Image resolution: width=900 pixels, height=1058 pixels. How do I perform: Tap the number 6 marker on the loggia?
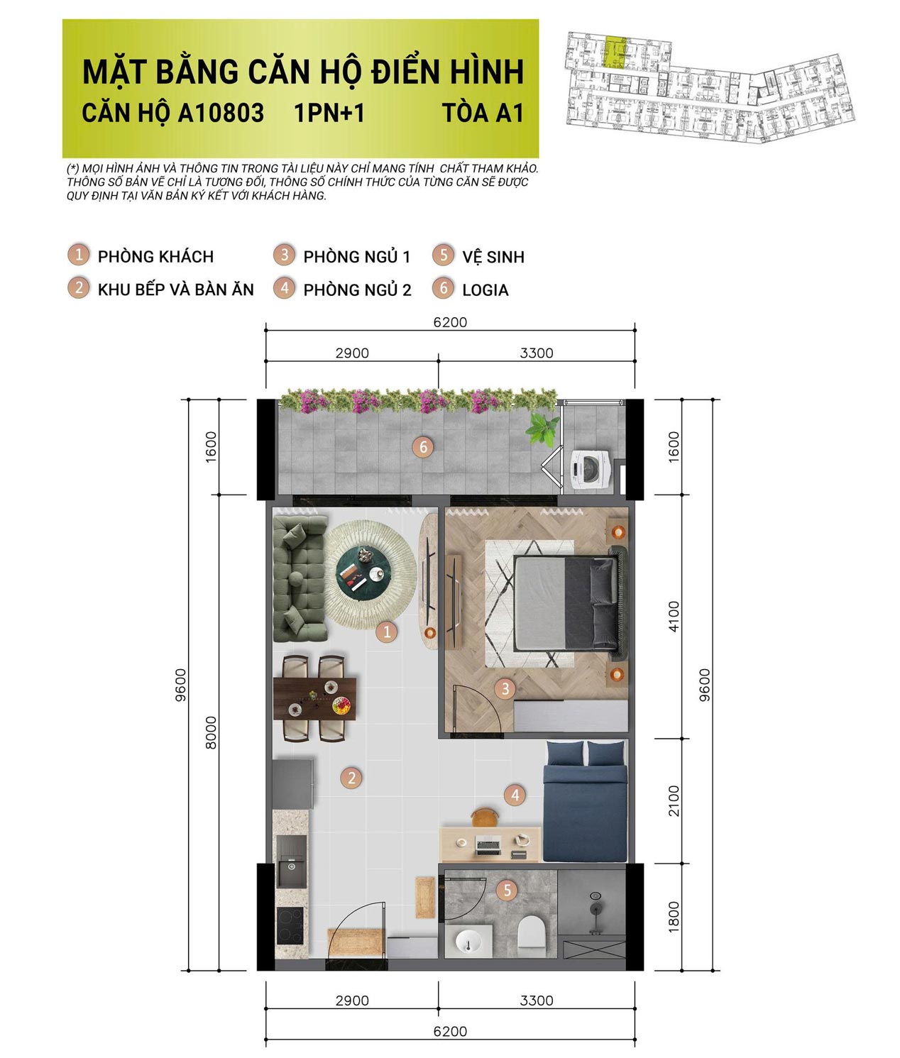point(423,447)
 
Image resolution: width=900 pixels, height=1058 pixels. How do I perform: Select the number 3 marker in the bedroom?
point(505,688)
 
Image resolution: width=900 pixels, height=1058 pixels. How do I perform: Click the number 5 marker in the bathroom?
point(507,890)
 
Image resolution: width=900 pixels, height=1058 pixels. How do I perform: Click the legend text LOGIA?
point(485,290)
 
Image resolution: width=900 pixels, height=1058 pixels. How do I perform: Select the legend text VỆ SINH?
point(493,256)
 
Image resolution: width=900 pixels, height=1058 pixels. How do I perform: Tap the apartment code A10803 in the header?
point(221,113)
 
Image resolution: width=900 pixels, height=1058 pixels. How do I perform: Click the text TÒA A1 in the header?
point(483,113)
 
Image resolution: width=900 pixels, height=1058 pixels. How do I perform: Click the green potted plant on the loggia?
point(542,428)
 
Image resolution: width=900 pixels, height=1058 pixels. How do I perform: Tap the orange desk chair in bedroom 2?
point(484,817)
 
